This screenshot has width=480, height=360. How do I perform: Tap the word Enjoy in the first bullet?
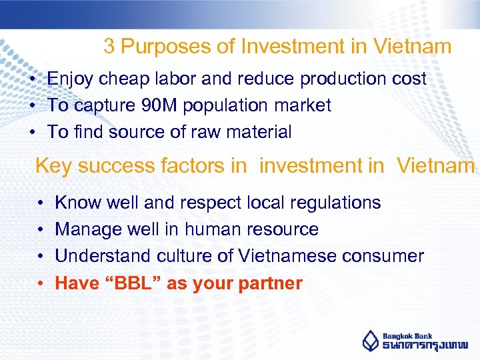[71, 79]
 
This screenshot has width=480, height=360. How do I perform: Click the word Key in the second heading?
[52, 166]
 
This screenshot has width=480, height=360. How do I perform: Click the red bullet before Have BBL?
[41, 283]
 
